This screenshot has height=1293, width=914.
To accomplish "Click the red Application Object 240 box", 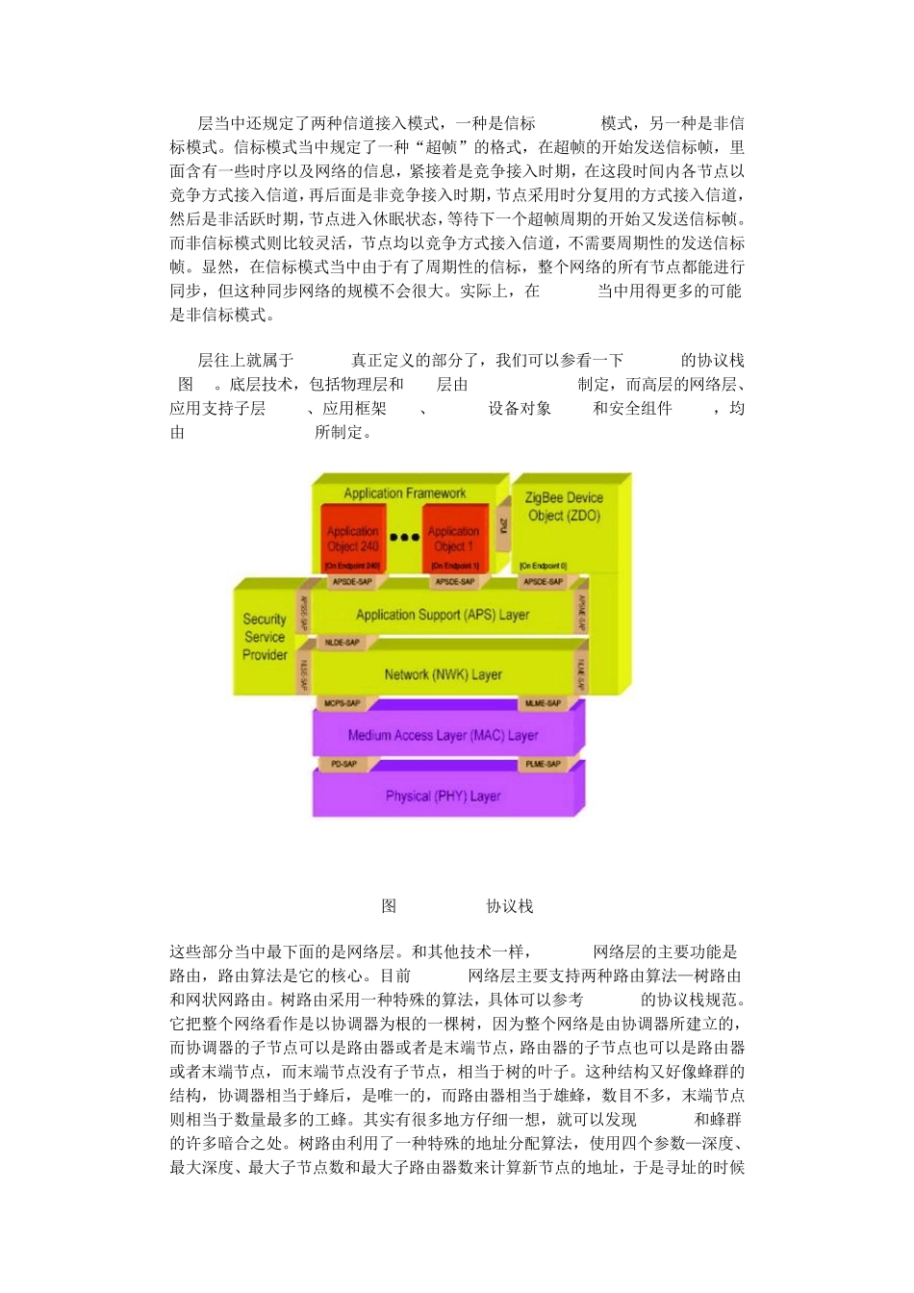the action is coord(352,539).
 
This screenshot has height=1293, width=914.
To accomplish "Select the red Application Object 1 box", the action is coord(454,539).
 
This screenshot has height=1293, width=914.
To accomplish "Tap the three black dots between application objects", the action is coord(404,538).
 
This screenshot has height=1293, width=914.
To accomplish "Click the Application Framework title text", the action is coord(404,494).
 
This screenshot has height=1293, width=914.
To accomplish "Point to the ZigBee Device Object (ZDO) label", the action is coord(564,507).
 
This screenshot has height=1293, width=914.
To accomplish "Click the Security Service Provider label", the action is coord(265,637).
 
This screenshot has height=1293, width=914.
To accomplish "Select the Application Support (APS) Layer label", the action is coord(443,615).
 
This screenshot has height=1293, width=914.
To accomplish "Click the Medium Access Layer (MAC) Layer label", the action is coord(443,735).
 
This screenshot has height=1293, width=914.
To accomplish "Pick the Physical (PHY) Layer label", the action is coord(443,796).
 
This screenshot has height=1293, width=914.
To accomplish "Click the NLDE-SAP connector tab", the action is coord(342,643).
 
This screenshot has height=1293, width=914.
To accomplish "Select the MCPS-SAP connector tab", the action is coord(342,703).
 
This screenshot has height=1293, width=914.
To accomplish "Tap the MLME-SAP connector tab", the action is coord(543,703).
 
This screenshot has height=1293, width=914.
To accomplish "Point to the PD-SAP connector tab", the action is coord(343,764).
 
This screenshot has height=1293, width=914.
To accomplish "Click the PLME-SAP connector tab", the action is coord(543,764).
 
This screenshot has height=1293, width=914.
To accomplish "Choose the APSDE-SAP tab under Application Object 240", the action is coord(352,582).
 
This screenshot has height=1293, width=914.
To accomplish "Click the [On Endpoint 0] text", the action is coord(544,566).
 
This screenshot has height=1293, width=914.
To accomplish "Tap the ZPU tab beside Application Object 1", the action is coord(502,525).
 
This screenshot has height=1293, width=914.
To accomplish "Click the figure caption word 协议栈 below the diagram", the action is coord(510,906).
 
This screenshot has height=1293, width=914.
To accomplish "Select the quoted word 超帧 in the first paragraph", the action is coord(449,147).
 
